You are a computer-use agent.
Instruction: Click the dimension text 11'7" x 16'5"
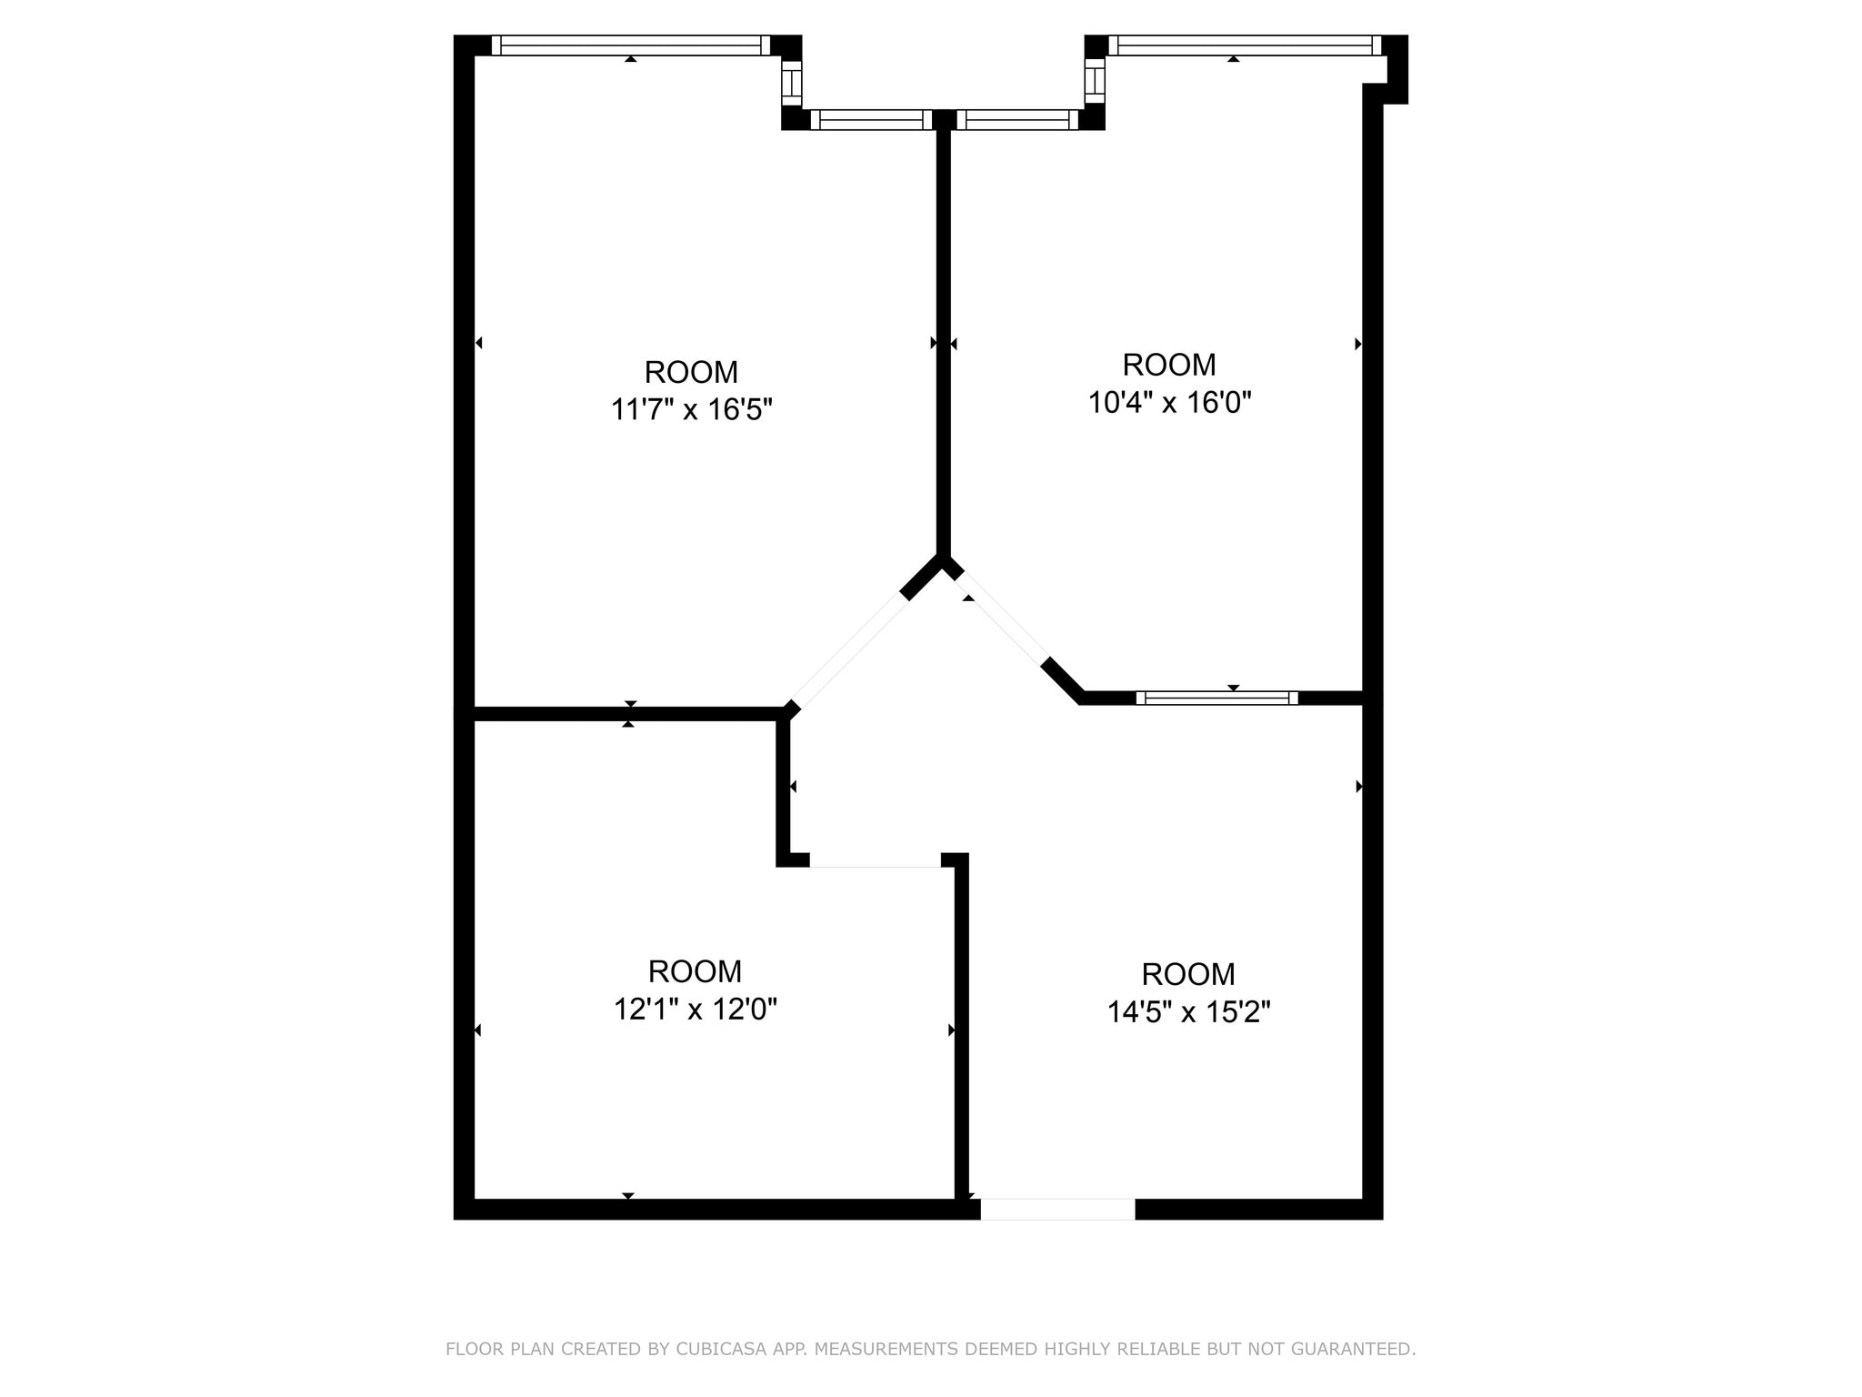click(691, 410)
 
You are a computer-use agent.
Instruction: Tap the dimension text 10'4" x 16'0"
click(1169, 402)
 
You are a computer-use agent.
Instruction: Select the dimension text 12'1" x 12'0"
click(696, 1009)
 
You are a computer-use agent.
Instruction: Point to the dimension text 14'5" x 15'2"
click(1188, 1011)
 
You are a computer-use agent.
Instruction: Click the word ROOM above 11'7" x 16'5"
click(691, 372)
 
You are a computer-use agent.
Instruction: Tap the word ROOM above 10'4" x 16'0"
click(1169, 365)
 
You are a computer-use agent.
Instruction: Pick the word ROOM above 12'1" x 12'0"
click(696, 971)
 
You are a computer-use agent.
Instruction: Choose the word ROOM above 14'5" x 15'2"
click(1188, 974)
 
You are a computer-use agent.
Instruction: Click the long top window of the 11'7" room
click(631, 45)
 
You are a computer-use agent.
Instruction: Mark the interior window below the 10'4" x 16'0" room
click(1217, 698)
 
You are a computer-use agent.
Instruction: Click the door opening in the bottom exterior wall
click(1057, 1209)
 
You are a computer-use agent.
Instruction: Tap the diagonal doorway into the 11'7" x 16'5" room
click(850, 651)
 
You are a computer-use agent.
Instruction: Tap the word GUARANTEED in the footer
click(1357, 1349)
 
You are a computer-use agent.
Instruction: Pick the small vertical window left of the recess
click(792, 83)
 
